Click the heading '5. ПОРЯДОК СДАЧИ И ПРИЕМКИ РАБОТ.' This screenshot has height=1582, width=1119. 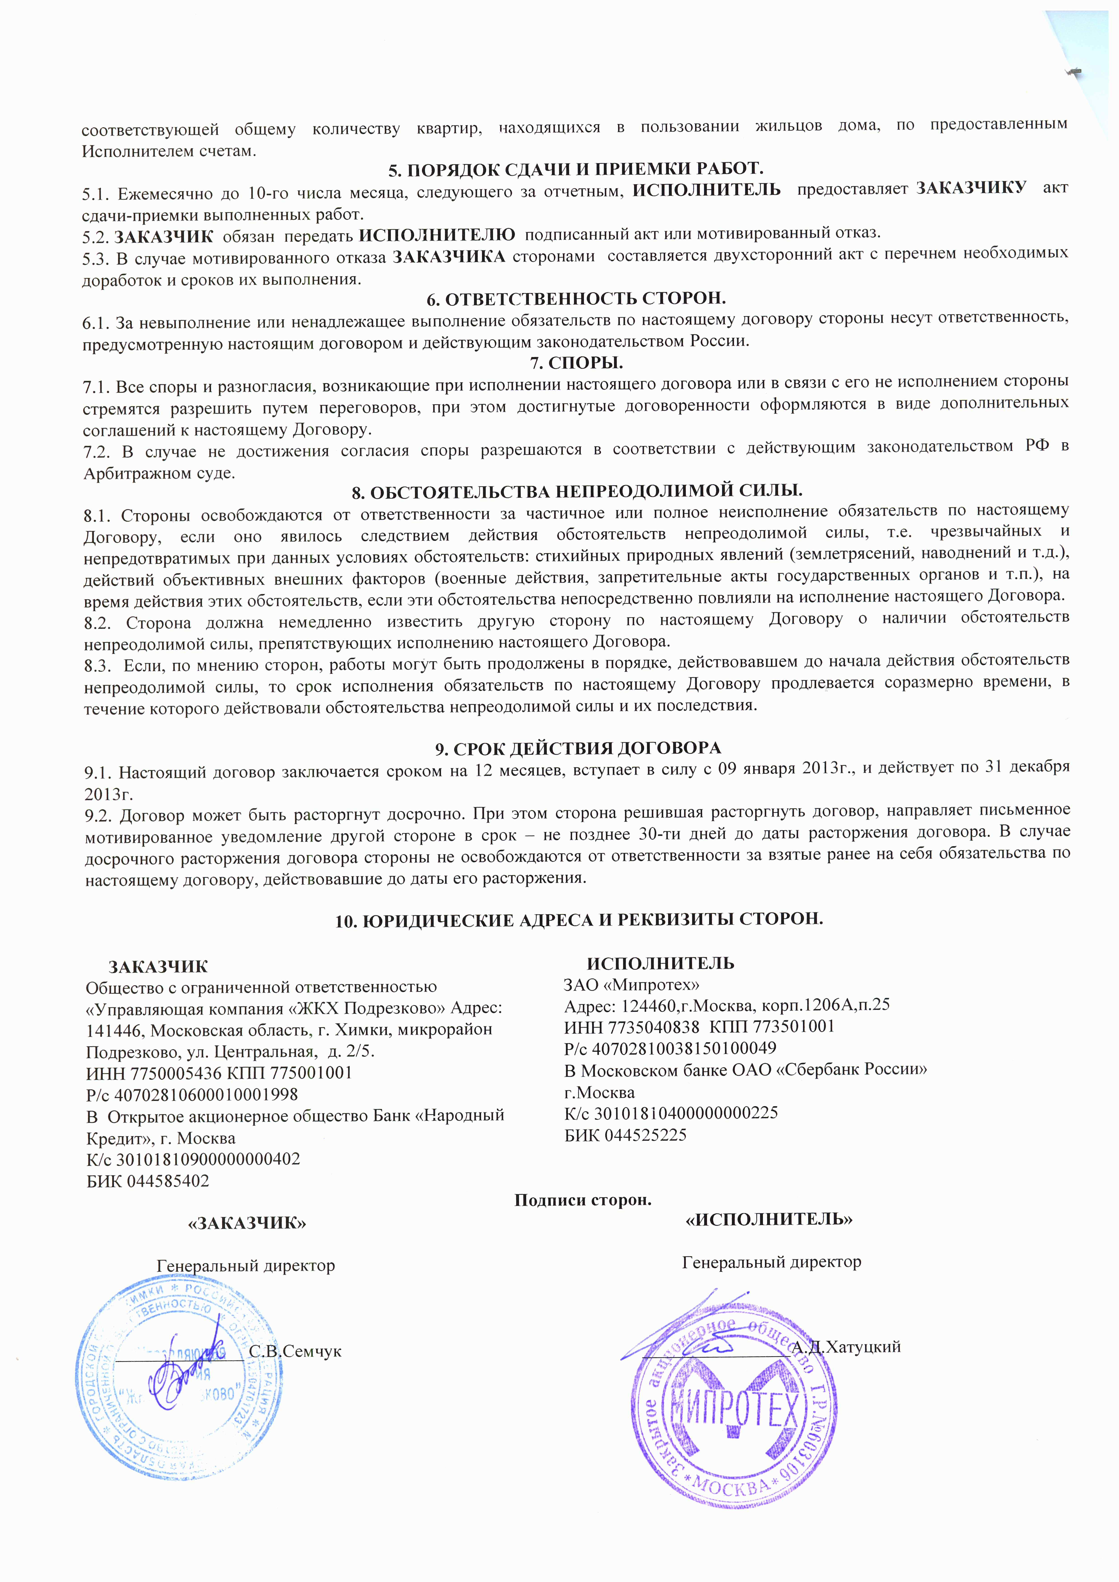[x=576, y=169]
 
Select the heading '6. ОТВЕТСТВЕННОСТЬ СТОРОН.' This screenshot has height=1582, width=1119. [x=576, y=298]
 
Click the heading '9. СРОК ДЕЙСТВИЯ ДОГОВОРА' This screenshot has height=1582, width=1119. [x=576, y=748]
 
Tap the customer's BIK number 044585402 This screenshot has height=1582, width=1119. [x=165, y=1181]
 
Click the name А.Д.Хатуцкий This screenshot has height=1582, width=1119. [x=846, y=1347]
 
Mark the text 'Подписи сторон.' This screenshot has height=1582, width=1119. [x=583, y=1200]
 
